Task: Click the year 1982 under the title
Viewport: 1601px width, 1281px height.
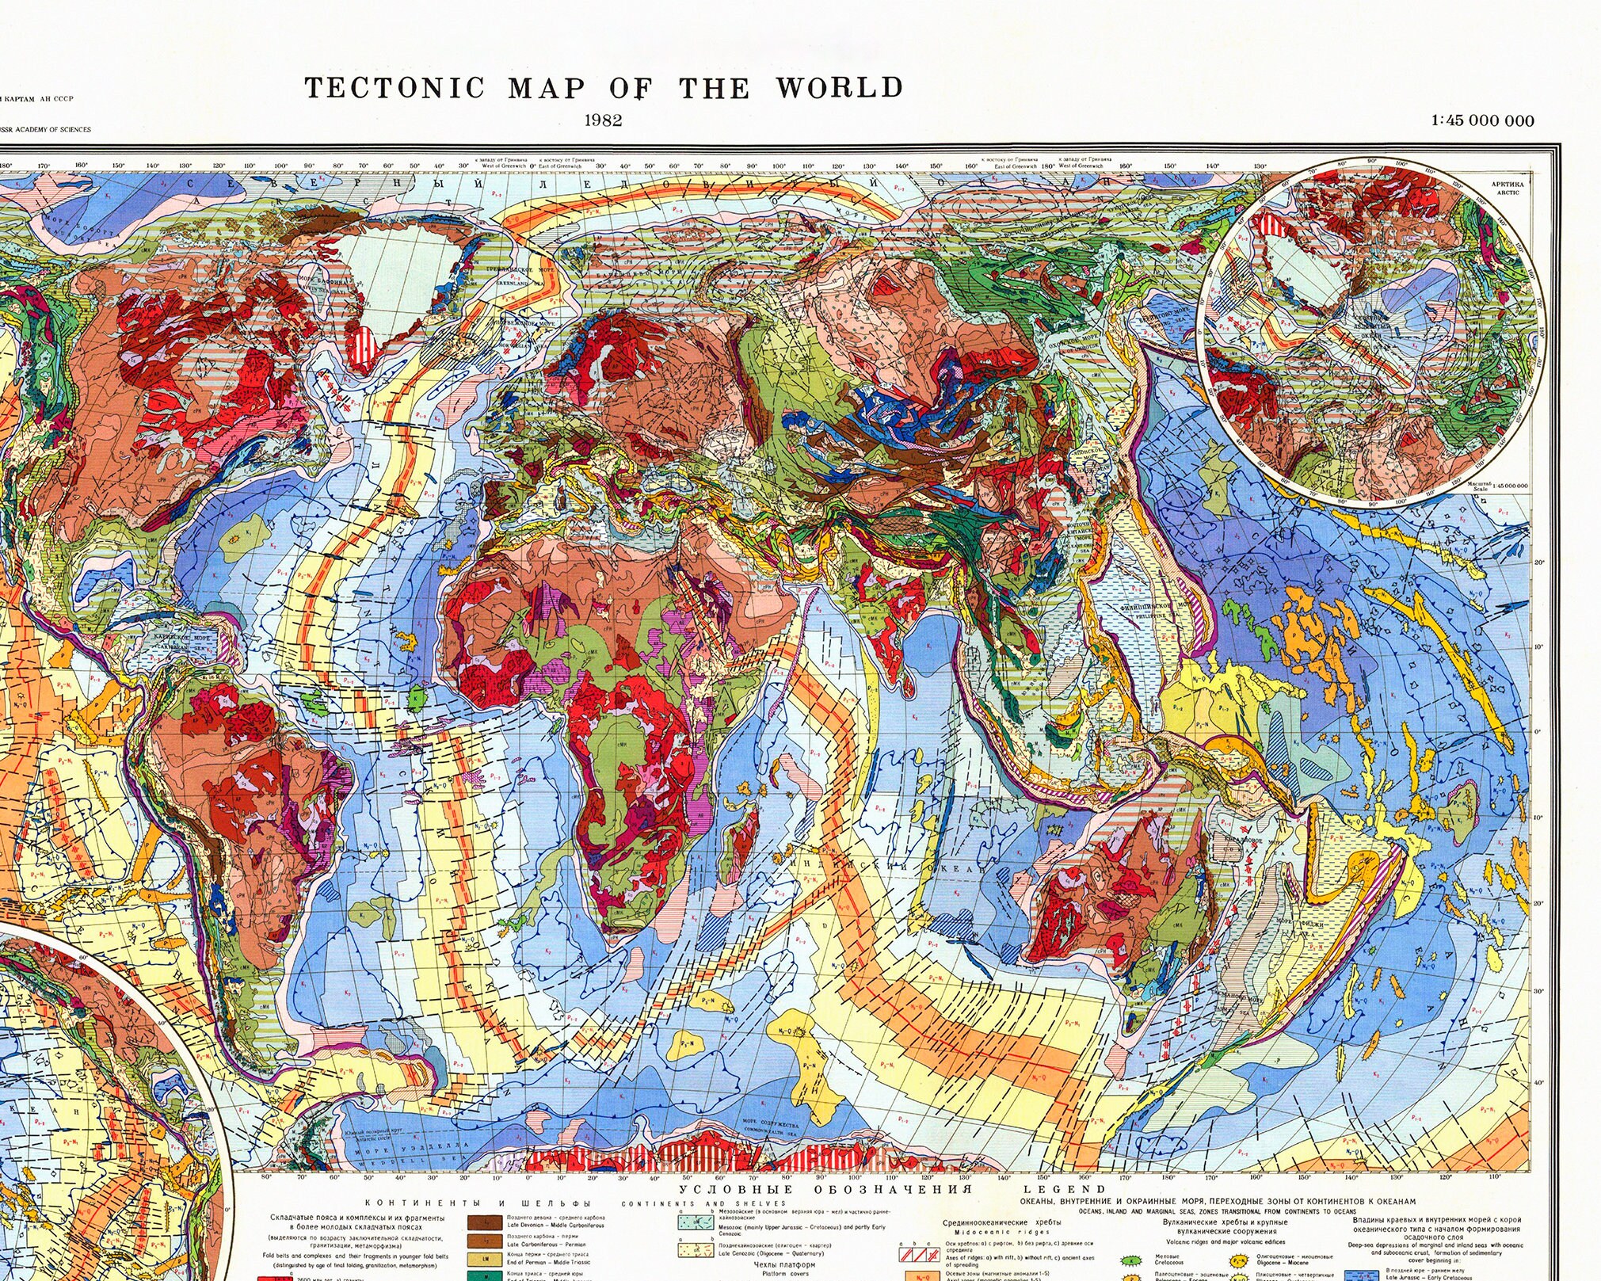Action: (603, 120)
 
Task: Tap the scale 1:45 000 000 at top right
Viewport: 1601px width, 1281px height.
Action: (1482, 121)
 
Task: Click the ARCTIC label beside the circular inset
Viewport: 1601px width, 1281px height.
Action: (1507, 193)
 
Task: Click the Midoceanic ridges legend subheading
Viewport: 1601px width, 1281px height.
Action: (1001, 1232)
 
